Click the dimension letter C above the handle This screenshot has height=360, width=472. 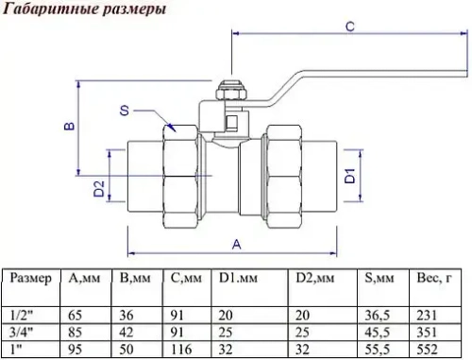click(x=348, y=27)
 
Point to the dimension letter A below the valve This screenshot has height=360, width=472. click(x=236, y=243)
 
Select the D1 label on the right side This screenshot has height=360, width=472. click(x=348, y=174)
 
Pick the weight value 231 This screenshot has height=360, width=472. click(x=427, y=317)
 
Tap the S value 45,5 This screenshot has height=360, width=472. click(x=375, y=332)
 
